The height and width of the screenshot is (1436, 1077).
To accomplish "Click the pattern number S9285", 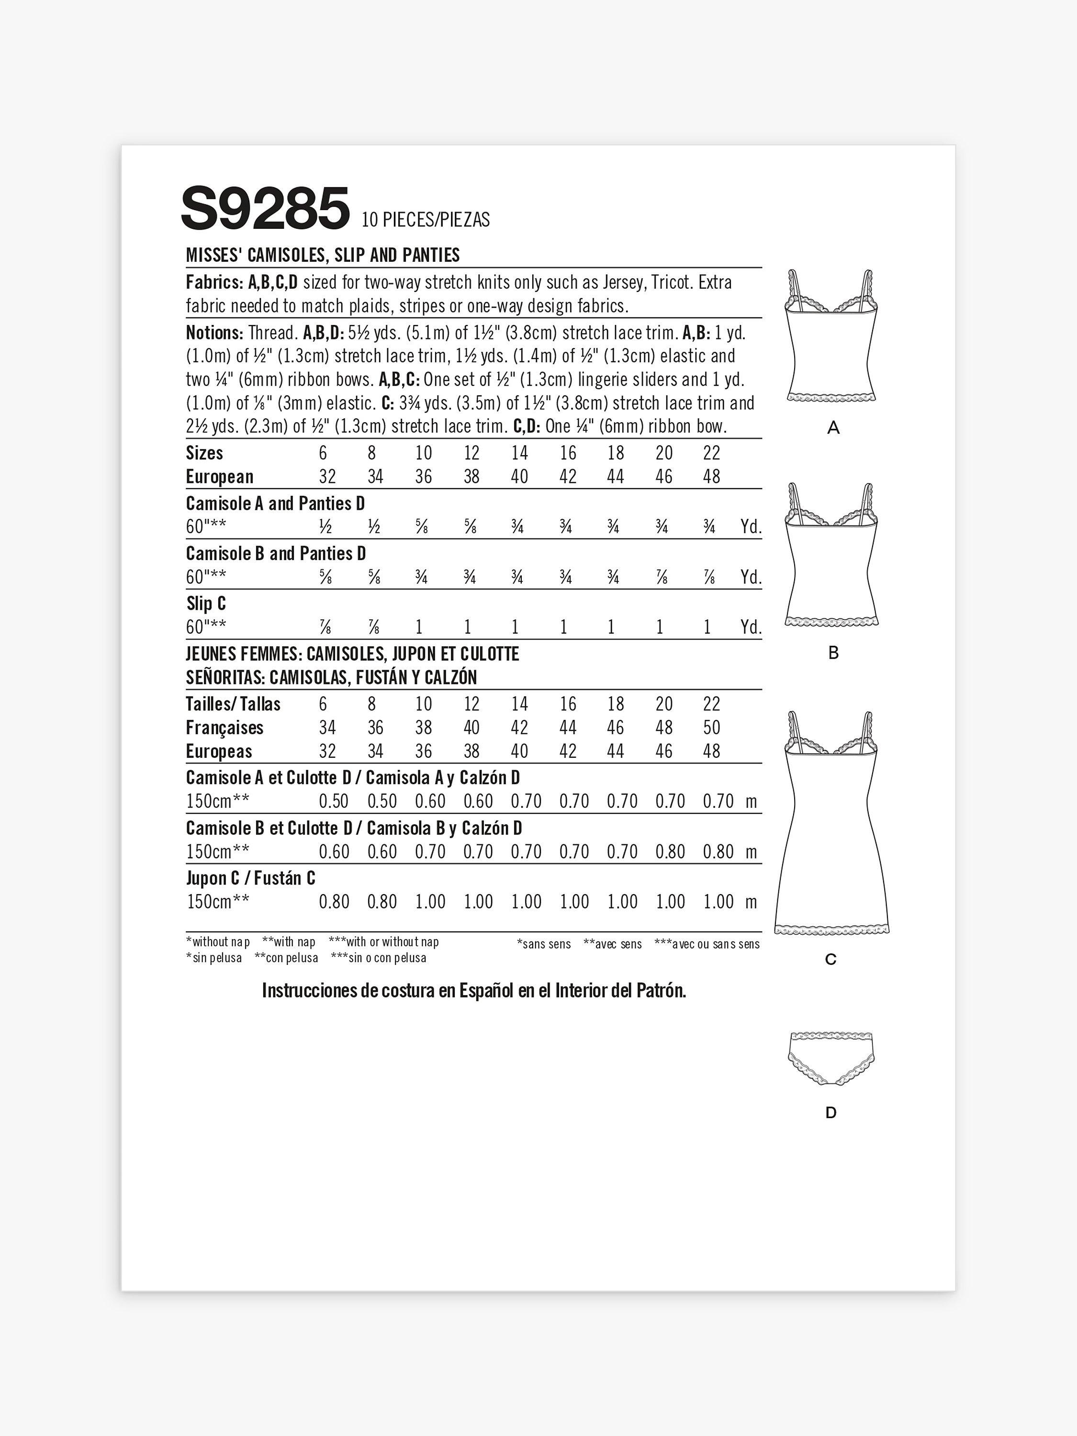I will click(265, 208).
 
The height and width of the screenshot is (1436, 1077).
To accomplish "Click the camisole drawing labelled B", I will click(831, 555).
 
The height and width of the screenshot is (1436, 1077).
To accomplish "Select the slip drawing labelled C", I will click(831, 824).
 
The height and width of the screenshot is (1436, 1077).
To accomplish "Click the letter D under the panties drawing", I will click(831, 1113).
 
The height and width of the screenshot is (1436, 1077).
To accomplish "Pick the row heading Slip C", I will click(206, 604).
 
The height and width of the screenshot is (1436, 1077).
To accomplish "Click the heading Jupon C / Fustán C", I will click(251, 878).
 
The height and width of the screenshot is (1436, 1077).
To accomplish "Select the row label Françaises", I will click(224, 728).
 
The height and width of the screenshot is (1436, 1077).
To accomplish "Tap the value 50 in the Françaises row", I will click(711, 728).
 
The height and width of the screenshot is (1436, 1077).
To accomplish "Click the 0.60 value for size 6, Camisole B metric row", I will click(334, 852).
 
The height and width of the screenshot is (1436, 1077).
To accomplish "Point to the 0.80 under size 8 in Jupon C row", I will click(381, 902).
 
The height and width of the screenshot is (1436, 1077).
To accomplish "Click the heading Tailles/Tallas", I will click(233, 705).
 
